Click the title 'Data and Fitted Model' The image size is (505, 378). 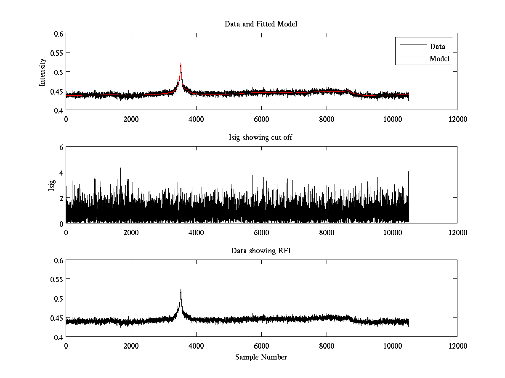(261, 24)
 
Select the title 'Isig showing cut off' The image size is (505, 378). (261, 138)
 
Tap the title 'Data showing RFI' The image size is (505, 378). (261, 251)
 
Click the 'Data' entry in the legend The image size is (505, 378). (437, 47)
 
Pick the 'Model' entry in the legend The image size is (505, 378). (439, 59)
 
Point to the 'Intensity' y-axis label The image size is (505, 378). (43, 72)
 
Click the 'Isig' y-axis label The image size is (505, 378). (52, 185)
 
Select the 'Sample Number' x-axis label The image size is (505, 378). (261, 357)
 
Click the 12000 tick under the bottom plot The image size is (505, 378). (457, 346)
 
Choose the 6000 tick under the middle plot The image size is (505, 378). (261, 232)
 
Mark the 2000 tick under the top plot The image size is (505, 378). (131, 119)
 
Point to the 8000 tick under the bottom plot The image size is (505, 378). (327, 346)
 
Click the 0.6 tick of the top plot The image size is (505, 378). (58, 34)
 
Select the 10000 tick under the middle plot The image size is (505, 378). (392, 232)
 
